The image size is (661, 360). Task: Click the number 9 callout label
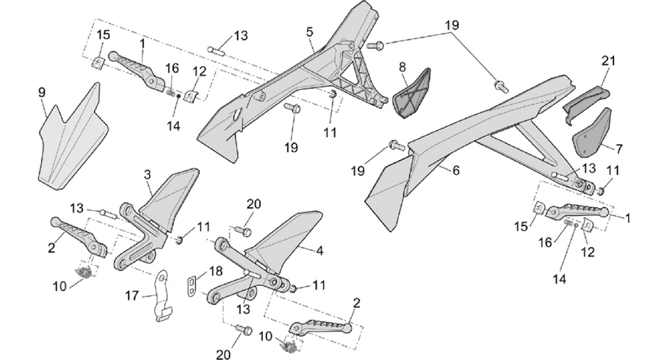click(42, 93)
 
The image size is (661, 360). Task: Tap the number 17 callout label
click(132, 297)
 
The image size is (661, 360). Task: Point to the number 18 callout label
click(215, 271)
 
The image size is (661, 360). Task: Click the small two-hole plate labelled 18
click(192, 287)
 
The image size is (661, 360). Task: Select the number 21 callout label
click(608, 61)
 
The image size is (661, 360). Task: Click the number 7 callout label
click(619, 149)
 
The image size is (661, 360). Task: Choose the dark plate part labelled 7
click(592, 132)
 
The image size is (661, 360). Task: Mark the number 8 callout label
click(402, 67)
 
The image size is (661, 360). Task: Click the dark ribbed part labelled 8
click(411, 94)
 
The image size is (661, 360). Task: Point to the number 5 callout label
click(310, 32)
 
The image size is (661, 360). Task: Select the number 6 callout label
click(456, 170)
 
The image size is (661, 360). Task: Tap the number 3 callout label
click(147, 175)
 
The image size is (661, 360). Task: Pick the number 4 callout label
click(319, 251)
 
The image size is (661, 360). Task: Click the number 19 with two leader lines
click(452, 25)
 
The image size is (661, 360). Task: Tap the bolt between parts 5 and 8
click(375, 44)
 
